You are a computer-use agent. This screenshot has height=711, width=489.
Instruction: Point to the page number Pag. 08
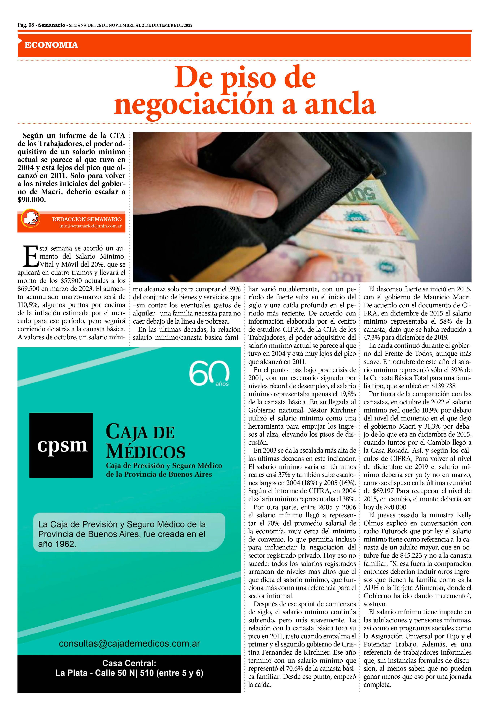[x=26, y=25]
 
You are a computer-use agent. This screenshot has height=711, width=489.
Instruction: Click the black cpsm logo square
[x=61, y=445]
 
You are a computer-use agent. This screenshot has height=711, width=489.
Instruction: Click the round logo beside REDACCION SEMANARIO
[x=30, y=219]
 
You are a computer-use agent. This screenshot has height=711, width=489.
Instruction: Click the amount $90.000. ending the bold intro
[x=32, y=200]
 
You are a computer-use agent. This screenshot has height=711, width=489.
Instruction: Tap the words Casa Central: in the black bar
[x=129, y=663]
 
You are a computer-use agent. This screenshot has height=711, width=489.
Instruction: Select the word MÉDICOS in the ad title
[x=146, y=452]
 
